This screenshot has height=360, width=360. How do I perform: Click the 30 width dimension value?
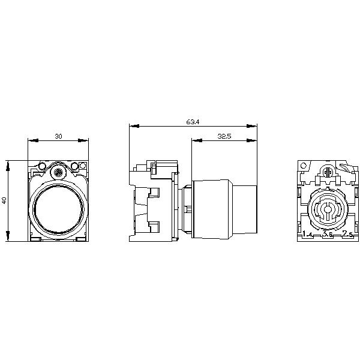coord(58,137)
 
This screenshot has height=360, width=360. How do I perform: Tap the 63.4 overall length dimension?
coord(193,122)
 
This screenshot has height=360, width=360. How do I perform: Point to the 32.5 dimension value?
coord(224,137)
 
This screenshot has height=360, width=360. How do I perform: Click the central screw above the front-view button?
coord(58,172)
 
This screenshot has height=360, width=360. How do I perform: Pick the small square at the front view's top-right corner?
coord(83,166)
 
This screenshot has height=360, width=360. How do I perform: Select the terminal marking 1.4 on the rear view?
coord(307,234)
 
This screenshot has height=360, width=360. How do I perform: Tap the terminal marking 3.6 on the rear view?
coord(328,235)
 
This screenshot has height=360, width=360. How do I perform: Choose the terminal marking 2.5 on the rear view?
coord(347,234)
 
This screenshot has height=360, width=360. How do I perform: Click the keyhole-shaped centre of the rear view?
coord(328,211)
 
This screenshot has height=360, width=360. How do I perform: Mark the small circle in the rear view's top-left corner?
coord(305,166)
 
